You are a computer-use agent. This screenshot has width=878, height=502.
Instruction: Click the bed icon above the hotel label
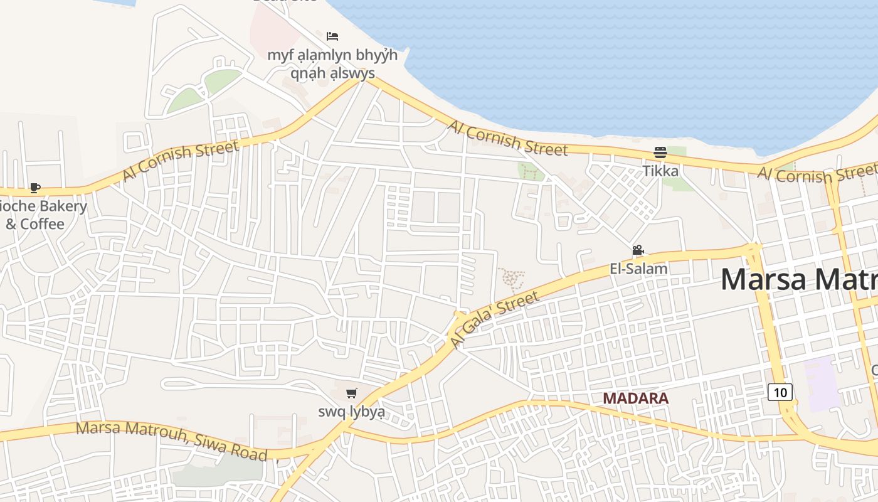click(332, 36)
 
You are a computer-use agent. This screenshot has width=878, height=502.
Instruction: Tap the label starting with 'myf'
click(332, 64)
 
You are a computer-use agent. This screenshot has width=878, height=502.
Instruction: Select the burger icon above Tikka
click(660, 152)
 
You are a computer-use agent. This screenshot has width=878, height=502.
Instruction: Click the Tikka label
click(660, 171)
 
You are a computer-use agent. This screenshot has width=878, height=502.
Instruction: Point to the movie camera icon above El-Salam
click(638, 250)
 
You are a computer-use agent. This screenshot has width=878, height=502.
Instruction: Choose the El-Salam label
click(638, 269)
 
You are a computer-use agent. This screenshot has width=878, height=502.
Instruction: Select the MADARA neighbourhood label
click(635, 398)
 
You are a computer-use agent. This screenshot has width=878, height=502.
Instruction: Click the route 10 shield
click(780, 393)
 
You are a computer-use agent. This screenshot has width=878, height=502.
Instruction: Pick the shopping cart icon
click(352, 393)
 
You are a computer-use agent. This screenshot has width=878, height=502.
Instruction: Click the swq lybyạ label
click(351, 412)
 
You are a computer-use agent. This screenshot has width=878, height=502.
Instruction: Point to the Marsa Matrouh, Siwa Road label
click(172, 441)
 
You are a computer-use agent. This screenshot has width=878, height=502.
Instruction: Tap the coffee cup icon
click(35, 188)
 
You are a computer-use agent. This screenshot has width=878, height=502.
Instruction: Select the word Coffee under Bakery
click(43, 224)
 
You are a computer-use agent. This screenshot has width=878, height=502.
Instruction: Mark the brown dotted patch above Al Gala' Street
click(511, 279)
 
